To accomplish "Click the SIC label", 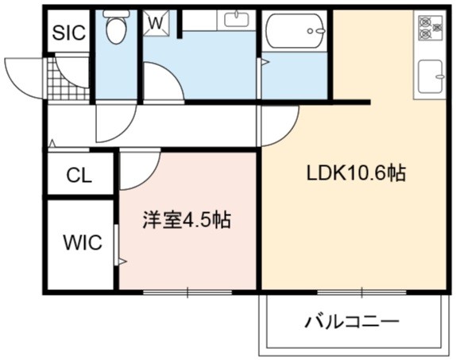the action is tap(69, 33).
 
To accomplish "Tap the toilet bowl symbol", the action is tap(116, 27).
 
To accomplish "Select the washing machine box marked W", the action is tap(157, 23).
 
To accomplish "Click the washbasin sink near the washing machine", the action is tap(237, 20).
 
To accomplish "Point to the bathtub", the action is tap(295, 31).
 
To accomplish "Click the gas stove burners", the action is tap(430, 28).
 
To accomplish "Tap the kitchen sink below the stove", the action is tap(431, 76).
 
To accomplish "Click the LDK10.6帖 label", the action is tap(356, 173).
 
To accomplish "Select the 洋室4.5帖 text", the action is tap(187, 220).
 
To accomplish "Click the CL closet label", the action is tap(79, 176).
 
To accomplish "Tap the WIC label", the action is tap(83, 242).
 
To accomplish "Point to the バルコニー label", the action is tap(352, 322).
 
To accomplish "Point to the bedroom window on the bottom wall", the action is tap(187, 292).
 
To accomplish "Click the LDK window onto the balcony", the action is tap(361, 292).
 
